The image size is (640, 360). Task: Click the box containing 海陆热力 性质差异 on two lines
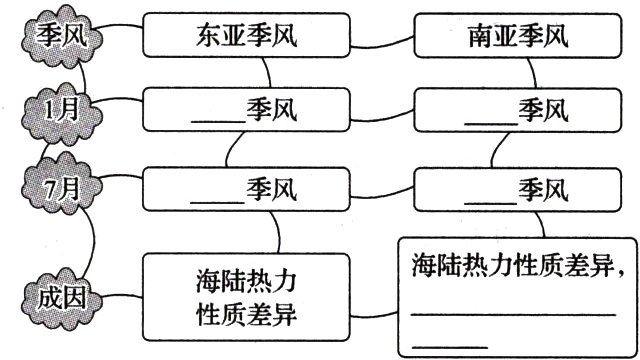coord(246,296)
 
